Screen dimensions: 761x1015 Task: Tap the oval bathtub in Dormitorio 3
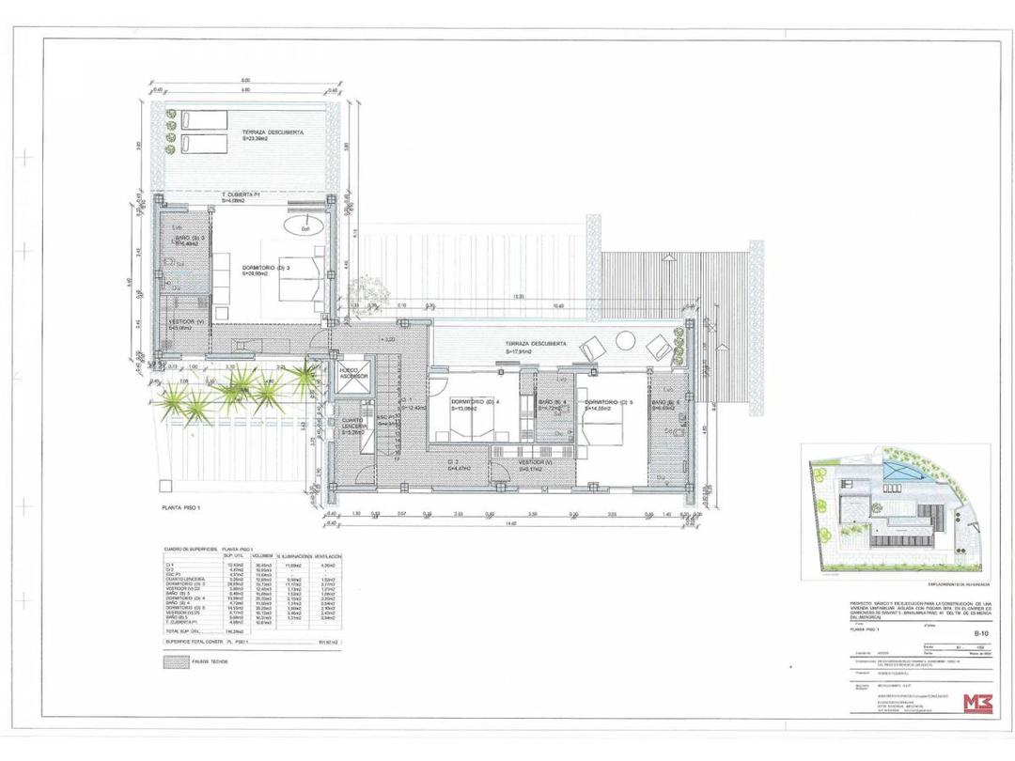click(304, 227)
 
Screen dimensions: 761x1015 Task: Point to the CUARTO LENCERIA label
click(353, 424)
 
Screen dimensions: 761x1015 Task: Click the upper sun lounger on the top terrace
click(201, 121)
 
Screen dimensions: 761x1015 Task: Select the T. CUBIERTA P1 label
click(241, 194)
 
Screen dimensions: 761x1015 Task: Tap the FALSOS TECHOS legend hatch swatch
click(175, 661)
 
